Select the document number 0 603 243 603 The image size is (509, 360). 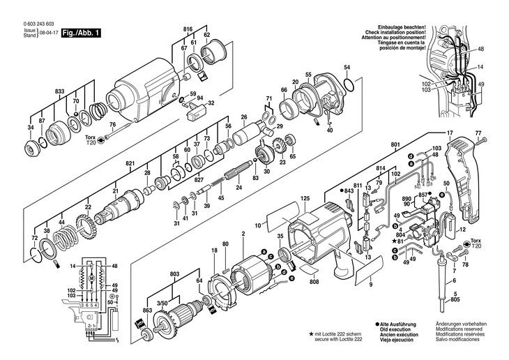tap(28, 24)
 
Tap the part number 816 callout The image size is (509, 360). tap(187, 28)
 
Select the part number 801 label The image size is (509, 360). tap(395, 145)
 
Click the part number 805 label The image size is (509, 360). tap(455, 300)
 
